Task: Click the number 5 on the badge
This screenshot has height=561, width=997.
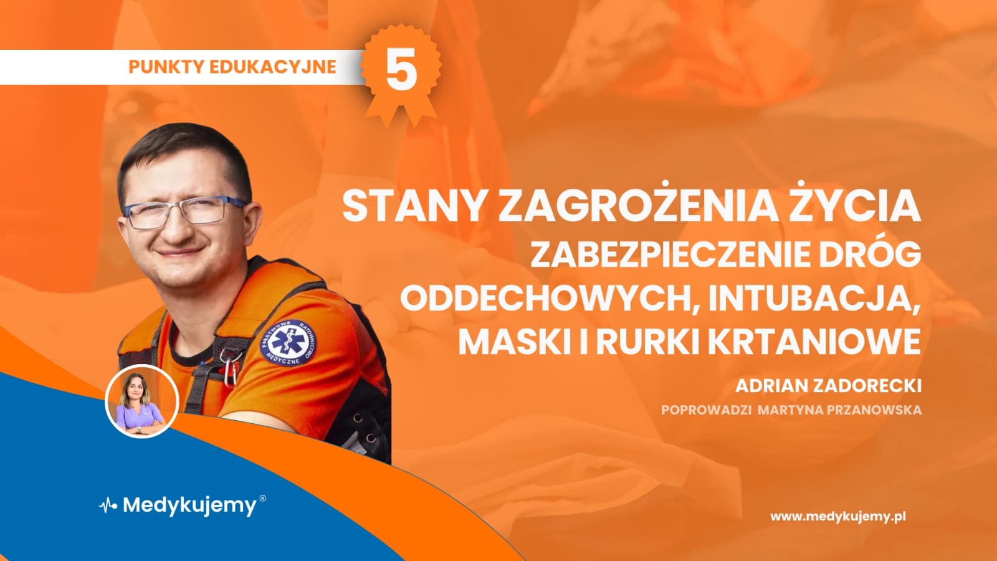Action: tap(401, 70)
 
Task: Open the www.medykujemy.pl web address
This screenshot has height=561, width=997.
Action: tap(837, 516)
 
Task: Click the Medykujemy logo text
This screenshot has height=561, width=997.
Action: tap(189, 505)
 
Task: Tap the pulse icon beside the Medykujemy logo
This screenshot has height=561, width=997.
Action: tap(108, 505)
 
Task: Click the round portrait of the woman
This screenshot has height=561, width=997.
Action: tap(142, 401)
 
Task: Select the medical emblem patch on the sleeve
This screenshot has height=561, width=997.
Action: tap(287, 341)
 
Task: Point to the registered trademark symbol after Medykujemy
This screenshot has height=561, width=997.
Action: tap(262, 499)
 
